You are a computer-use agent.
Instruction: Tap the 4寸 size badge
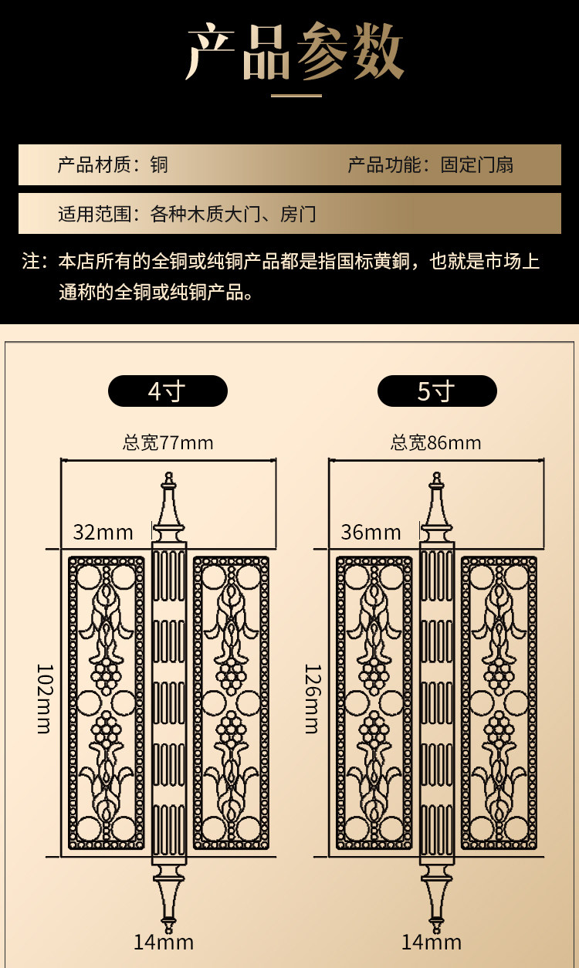(x=168, y=391)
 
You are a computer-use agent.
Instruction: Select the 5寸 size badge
(x=436, y=391)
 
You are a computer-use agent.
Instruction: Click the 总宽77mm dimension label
(x=168, y=442)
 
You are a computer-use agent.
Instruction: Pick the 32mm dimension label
(x=103, y=532)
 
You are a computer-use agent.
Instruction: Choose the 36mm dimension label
(x=371, y=532)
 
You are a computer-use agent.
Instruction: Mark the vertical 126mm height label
(x=311, y=698)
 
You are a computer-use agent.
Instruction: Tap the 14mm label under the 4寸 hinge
(x=164, y=942)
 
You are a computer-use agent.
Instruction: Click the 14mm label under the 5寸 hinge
(x=432, y=942)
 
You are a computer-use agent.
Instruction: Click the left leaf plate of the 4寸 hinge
(x=107, y=702)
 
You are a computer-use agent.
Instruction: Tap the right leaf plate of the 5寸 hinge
(x=499, y=702)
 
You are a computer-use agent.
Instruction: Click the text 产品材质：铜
(x=113, y=164)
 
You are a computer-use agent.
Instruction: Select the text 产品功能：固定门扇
(x=430, y=164)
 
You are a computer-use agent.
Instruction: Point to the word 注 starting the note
(x=31, y=261)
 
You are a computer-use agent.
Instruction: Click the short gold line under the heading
(x=296, y=96)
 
